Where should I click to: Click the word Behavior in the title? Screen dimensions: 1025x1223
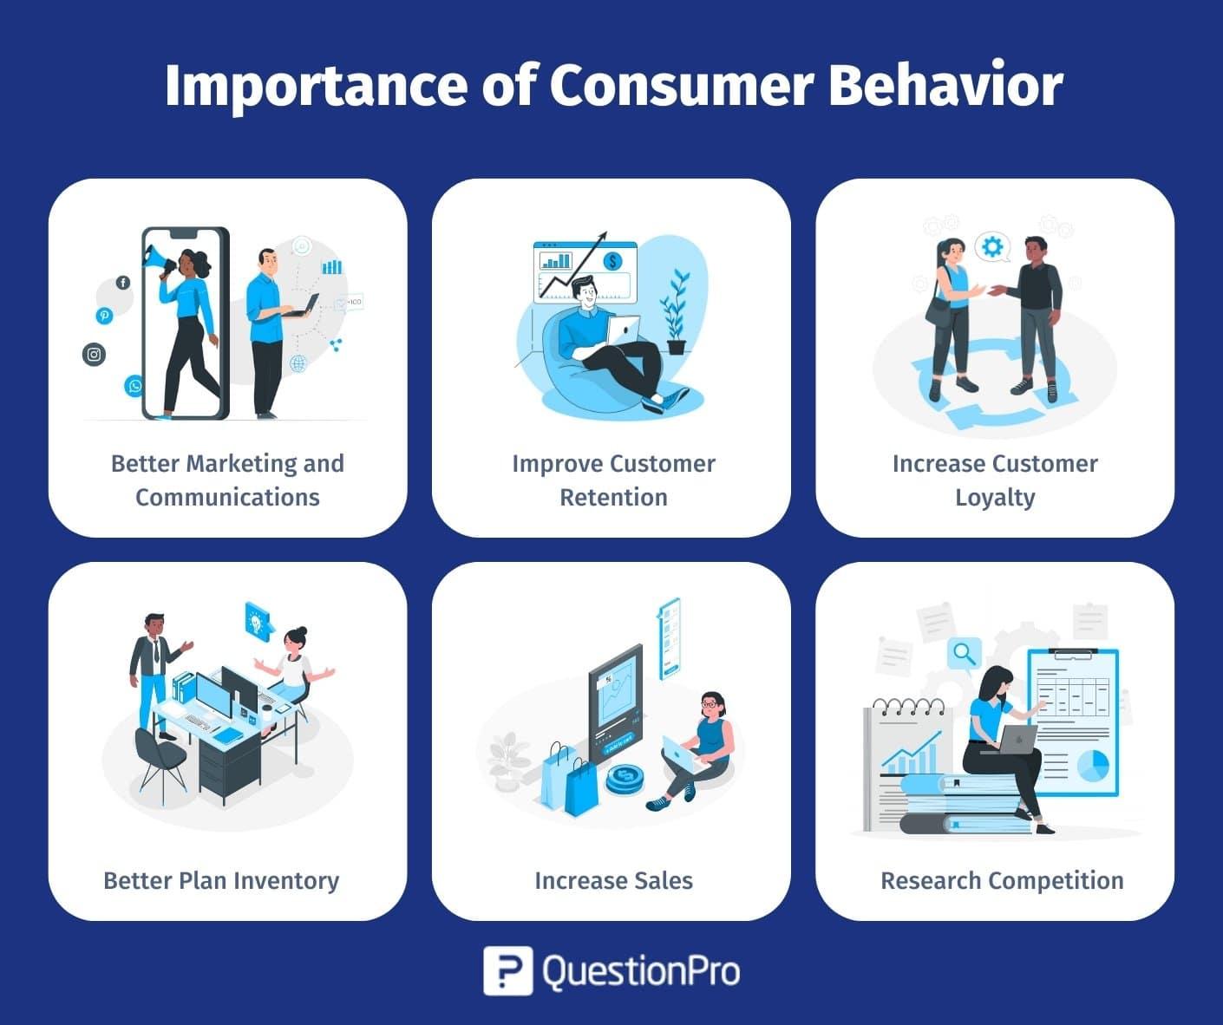945,85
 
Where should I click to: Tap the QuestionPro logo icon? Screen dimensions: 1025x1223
507,970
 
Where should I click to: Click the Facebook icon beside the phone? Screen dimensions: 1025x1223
123,283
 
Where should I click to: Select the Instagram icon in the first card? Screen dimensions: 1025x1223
94,354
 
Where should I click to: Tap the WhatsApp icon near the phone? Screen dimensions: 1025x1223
134,386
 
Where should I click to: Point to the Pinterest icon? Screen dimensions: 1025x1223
104,316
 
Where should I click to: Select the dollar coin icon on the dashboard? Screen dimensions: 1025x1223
613,260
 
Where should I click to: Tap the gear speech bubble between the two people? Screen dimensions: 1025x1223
991,248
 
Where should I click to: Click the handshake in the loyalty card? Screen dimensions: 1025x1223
988,291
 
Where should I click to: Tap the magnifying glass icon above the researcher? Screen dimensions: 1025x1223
964,652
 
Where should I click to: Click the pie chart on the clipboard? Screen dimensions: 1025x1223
1092,766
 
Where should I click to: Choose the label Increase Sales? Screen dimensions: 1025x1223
613,880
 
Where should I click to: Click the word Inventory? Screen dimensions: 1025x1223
286,880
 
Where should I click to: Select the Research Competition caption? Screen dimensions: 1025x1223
1002,880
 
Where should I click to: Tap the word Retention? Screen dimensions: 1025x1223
613,497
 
